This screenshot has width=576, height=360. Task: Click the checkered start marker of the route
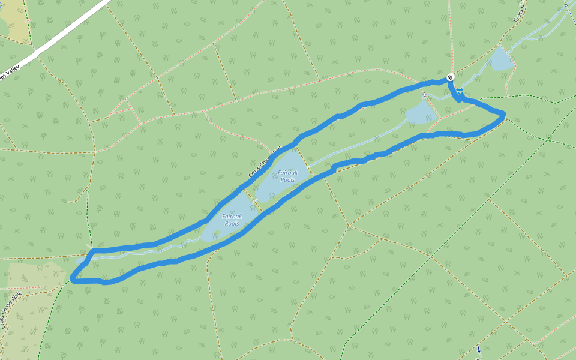(450, 77)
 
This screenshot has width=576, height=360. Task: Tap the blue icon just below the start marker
(459, 91)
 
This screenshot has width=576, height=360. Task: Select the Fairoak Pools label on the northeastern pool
(287, 176)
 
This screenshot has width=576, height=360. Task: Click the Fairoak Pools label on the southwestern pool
(230, 220)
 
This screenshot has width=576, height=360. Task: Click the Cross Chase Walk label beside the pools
(265, 162)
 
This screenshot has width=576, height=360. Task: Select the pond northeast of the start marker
(500, 59)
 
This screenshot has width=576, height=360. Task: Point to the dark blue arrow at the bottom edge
(479, 350)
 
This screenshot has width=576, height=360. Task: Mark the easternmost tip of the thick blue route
(504, 114)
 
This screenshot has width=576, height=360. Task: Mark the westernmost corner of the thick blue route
(72, 278)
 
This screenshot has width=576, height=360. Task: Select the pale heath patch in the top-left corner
(15, 21)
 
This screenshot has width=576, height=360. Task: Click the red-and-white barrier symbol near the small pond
(424, 94)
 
